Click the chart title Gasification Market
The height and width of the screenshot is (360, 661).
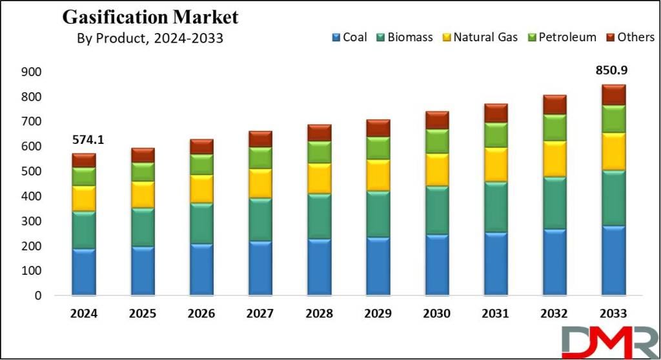click(x=150, y=17)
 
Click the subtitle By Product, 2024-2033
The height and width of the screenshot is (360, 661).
click(x=150, y=39)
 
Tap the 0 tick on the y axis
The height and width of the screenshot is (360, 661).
click(x=38, y=296)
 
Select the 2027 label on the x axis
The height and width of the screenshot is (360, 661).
click(x=261, y=314)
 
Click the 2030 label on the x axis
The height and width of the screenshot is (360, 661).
click(x=436, y=314)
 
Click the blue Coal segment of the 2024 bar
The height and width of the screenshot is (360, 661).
click(x=84, y=272)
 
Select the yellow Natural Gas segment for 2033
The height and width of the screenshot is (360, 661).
click(x=613, y=152)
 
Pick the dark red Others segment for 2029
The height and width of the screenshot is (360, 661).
click(x=378, y=128)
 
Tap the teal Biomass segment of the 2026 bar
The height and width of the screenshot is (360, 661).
click(x=201, y=223)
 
